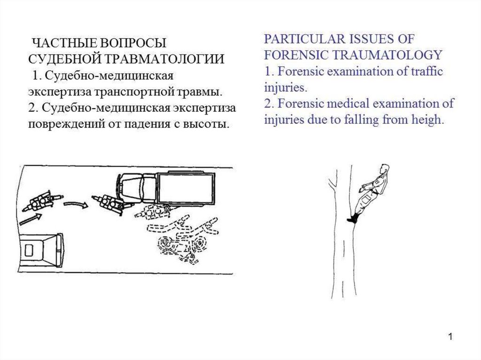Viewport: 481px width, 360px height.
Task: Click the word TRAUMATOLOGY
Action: pos(388,55)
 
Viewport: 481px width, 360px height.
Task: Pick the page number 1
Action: pos(450,337)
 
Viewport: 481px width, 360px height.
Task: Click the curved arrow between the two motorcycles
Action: pos(76,204)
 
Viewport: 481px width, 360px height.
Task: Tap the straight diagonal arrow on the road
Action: pos(31,220)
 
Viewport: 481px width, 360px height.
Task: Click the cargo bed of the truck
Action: pos(186,188)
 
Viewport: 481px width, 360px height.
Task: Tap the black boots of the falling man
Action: pos(353,218)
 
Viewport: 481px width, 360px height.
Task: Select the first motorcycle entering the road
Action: pos(42,201)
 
